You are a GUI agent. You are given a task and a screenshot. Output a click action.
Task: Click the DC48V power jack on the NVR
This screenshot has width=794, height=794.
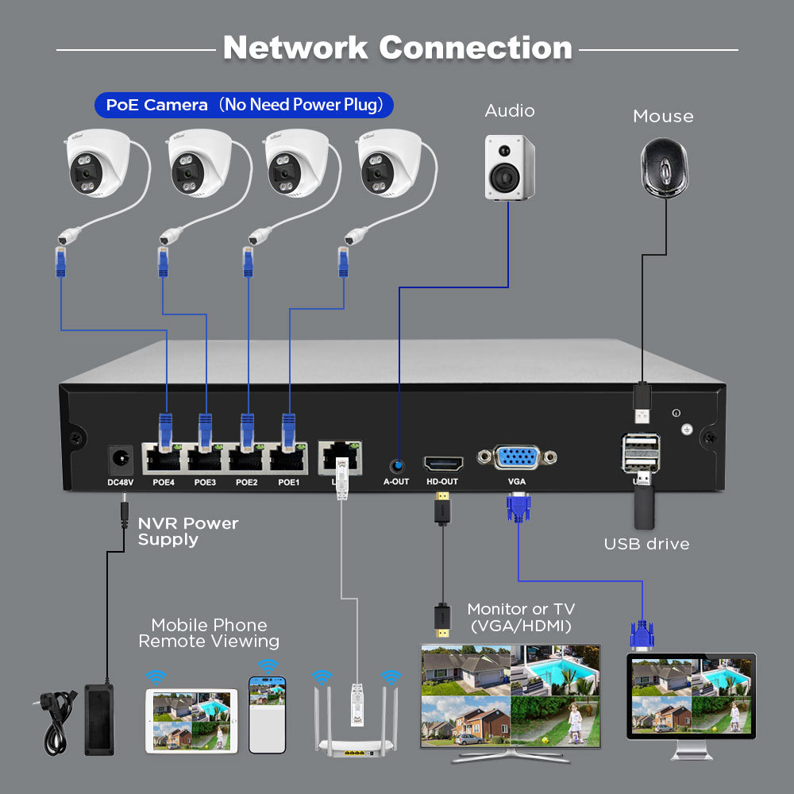[120, 459]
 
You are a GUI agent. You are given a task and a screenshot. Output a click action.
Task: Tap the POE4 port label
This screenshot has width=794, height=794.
[164, 482]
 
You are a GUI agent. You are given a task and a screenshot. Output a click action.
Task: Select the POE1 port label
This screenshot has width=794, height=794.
[289, 482]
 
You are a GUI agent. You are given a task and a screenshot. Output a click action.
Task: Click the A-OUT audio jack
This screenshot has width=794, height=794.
[396, 464]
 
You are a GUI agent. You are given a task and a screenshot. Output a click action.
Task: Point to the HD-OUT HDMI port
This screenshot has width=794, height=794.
[442, 463]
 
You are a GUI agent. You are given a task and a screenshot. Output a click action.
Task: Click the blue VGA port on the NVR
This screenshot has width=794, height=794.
[517, 458]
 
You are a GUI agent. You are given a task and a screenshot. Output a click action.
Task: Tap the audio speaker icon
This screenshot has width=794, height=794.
[510, 167]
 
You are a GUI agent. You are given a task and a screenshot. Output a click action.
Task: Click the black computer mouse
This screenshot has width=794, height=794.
[663, 167]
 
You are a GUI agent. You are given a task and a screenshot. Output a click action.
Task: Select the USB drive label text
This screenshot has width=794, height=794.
[646, 544]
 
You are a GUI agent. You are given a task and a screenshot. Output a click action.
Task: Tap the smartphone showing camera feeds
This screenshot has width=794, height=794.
[267, 714]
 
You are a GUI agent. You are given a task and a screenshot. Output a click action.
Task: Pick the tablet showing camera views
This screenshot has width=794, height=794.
[191, 720]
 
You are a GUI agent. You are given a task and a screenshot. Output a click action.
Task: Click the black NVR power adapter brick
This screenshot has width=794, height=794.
[99, 719]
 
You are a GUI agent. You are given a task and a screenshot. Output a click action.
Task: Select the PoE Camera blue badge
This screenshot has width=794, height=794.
[244, 105]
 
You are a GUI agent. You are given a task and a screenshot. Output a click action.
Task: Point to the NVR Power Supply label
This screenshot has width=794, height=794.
[187, 531]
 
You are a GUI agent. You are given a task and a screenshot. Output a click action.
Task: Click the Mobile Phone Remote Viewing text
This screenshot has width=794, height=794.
[209, 633]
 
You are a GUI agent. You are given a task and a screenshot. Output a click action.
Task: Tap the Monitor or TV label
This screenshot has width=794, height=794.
[521, 617]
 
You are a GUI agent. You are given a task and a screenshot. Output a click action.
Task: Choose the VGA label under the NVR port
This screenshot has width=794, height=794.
[517, 482]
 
